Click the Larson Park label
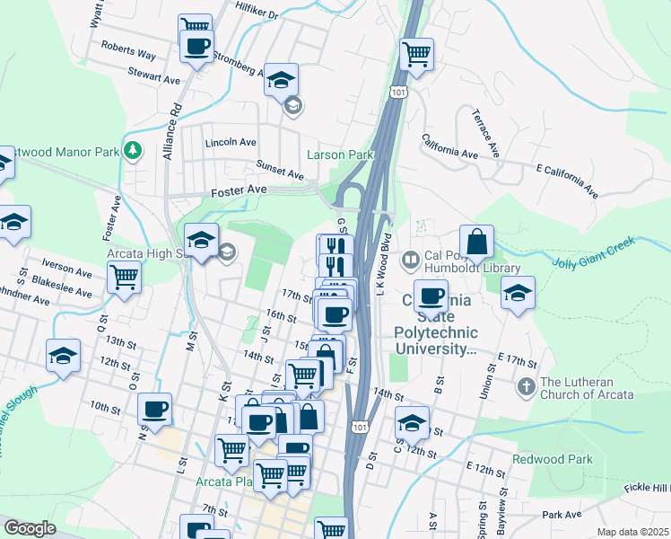click(x=339, y=155)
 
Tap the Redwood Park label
click(x=553, y=459)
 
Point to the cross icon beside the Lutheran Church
click(x=526, y=386)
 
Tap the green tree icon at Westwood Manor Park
click(x=133, y=150)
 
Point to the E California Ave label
click(x=567, y=180)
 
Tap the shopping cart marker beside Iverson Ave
click(x=123, y=277)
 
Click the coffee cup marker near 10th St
click(x=154, y=410)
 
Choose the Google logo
click(x=30, y=528)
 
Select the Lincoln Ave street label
click(x=231, y=143)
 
